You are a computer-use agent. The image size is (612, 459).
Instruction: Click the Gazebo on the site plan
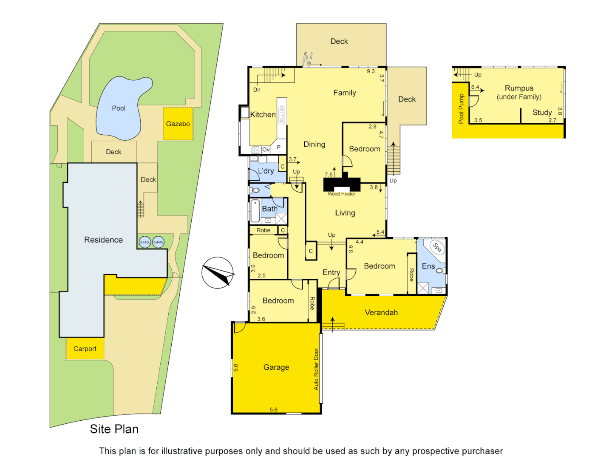[x=178, y=124]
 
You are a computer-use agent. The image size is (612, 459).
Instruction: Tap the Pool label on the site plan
[x=119, y=108]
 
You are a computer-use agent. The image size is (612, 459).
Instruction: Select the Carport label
[x=85, y=349]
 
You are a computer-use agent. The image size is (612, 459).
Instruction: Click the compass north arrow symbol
[x=218, y=273]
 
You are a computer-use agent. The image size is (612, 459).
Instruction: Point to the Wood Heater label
[x=341, y=194]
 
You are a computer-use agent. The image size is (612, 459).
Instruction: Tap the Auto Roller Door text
[x=316, y=369]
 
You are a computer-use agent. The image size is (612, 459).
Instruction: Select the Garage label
[x=276, y=368]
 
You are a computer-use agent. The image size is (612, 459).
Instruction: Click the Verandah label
[x=381, y=313]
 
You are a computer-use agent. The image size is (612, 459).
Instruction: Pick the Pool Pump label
[x=461, y=109]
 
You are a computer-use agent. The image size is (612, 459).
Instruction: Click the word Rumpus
[x=519, y=88]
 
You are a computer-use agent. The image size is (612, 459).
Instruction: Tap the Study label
[x=542, y=113]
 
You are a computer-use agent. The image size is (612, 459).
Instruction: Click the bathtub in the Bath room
[x=255, y=211]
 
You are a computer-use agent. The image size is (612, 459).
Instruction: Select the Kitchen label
[x=263, y=115]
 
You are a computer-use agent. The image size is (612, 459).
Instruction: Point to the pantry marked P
[x=279, y=147]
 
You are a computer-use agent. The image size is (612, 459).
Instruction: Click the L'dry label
[x=266, y=171]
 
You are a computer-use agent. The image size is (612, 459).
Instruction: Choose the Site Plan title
[x=114, y=429]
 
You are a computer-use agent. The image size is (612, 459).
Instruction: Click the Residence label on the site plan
[x=103, y=240]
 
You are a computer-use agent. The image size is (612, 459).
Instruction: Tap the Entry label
[x=331, y=272]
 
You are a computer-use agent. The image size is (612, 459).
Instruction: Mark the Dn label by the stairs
[x=257, y=90]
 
